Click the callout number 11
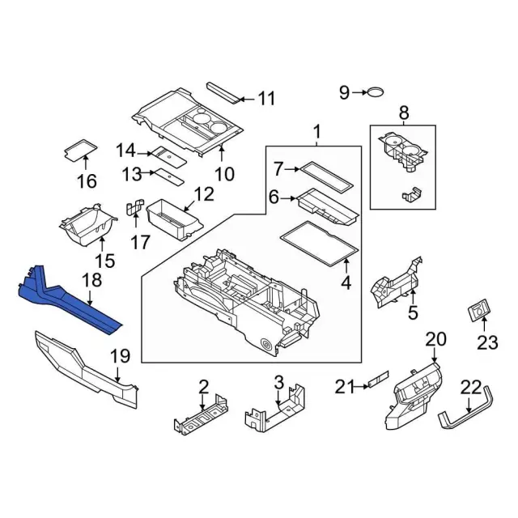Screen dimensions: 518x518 click(266, 99)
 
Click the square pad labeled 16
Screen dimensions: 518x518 click(80, 148)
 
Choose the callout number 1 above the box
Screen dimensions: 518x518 click(316, 131)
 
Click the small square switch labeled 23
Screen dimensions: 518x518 click(480, 309)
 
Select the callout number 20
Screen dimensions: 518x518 click(435, 338)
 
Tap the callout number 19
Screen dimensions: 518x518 click(120, 355)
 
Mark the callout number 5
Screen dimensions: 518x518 click(412, 313)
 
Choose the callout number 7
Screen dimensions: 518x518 click(279, 169)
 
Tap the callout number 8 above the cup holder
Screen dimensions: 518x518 click(403, 113)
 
